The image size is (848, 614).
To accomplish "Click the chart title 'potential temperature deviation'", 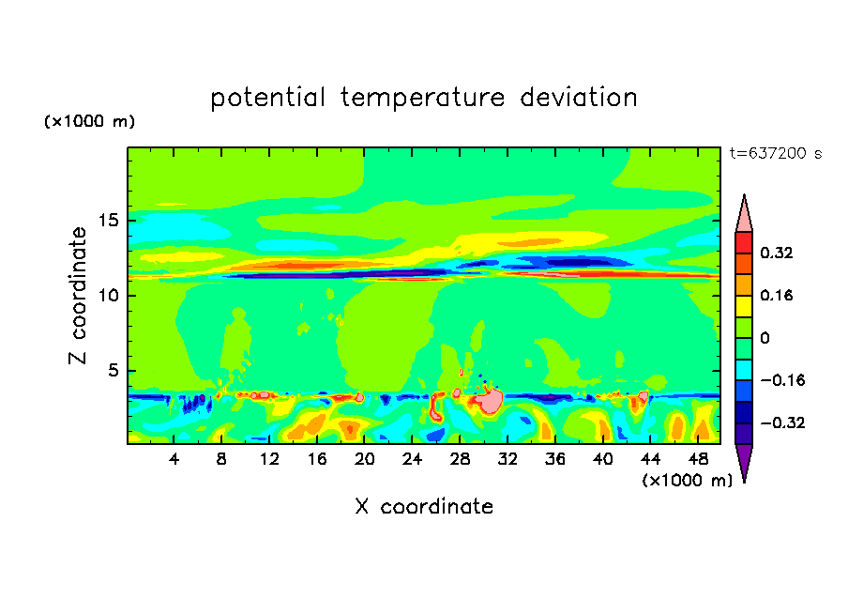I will [x=423, y=98].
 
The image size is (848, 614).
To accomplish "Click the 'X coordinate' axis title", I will [x=423, y=507].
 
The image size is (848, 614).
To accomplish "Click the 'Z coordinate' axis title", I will [x=79, y=296].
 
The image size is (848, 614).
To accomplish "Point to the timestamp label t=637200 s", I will [x=775, y=153].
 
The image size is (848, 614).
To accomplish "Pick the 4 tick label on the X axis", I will [x=174, y=459].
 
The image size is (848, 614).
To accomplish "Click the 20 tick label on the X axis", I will [x=365, y=459].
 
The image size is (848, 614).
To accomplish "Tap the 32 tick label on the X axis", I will [x=507, y=459].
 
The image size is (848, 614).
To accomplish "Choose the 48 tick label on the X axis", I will [x=697, y=459].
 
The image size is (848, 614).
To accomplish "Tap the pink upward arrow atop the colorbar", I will [x=744, y=214].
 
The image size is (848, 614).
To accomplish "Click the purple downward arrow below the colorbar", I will [x=744, y=462].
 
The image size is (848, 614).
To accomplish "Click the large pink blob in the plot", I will [x=489, y=401].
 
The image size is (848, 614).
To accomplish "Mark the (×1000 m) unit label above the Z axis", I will [x=90, y=122].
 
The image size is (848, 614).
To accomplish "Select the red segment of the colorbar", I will [x=744, y=242].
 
